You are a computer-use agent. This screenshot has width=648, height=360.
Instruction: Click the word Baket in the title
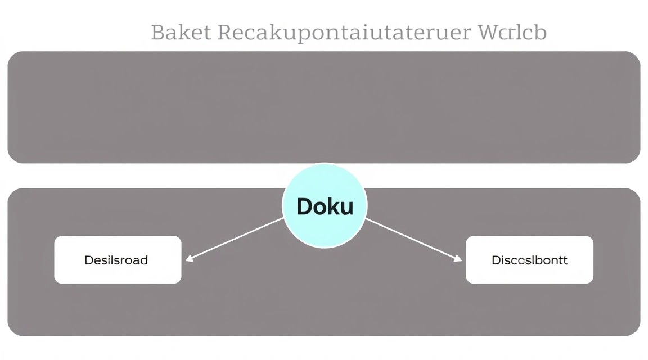pyautogui.click(x=181, y=32)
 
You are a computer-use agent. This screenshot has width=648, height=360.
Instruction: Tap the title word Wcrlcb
pyautogui.click(x=512, y=32)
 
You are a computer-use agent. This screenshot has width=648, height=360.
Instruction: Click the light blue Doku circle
pyautogui.click(x=325, y=205)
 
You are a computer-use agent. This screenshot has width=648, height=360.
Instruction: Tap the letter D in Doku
pyautogui.click(x=304, y=206)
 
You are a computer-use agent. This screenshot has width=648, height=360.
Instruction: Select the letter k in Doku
pyautogui.click(x=334, y=205)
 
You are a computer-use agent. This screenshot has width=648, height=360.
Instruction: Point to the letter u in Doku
pyautogui.click(x=346, y=208)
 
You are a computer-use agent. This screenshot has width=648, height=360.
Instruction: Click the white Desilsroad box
pyautogui.click(x=118, y=259)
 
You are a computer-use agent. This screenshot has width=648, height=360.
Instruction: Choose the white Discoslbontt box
pyautogui.click(x=529, y=259)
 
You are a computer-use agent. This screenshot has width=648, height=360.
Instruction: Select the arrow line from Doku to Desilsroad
pyautogui.click(x=235, y=239)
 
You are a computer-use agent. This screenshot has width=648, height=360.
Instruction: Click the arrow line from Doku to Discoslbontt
pyautogui.click(x=413, y=240)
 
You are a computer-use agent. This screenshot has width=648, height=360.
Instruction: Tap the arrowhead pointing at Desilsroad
pyautogui.click(x=189, y=259)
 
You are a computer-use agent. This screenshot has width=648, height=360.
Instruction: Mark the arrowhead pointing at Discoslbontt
pyautogui.click(x=458, y=259)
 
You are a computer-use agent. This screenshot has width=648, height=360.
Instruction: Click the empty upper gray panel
pyautogui.click(x=324, y=107)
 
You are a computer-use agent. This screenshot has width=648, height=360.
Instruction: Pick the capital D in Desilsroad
pyautogui.click(x=88, y=260)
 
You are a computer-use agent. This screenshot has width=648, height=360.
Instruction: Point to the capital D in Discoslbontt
pyautogui.click(x=496, y=260)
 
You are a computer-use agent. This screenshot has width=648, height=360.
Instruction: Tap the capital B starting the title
pyautogui.click(x=158, y=32)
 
